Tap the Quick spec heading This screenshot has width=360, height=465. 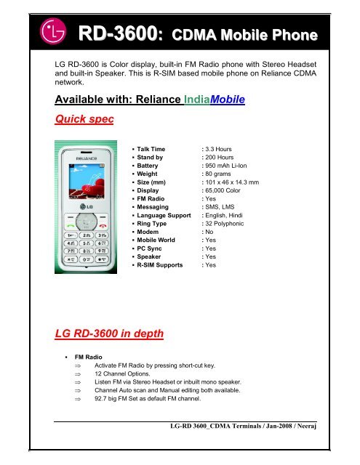coord(77,119)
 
